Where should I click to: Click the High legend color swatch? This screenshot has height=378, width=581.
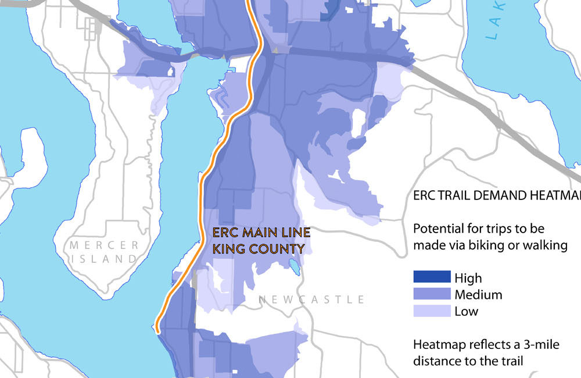[x=431, y=278]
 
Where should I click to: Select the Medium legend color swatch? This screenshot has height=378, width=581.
[x=431, y=294]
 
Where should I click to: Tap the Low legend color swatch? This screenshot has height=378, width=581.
[x=431, y=311]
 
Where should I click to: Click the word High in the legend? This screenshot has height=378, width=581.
[x=468, y=279]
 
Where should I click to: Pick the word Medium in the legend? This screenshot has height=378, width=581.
[x=479, y=295]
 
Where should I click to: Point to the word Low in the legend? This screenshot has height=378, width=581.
[x=467, y=311]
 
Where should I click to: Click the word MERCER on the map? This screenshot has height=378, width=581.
[x=104, y=245]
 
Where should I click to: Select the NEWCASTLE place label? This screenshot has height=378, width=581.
[x=311, y=300]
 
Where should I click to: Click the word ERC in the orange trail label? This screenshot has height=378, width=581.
[x=223, y=233]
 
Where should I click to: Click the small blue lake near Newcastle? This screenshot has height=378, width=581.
[x=295, y=267]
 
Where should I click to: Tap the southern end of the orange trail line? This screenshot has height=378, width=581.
[x=157, y=330]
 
